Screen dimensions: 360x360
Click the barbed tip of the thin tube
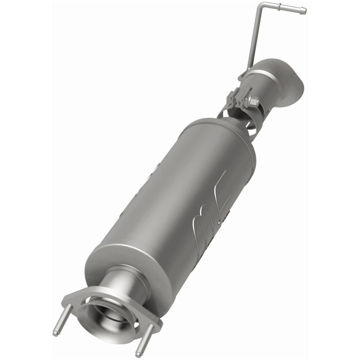pyautogui.click(x=303, y=10)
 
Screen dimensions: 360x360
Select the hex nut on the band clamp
pyautogui.click(x=253, y=102)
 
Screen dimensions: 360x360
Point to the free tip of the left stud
pyautogui.click(x=55, y=333)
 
